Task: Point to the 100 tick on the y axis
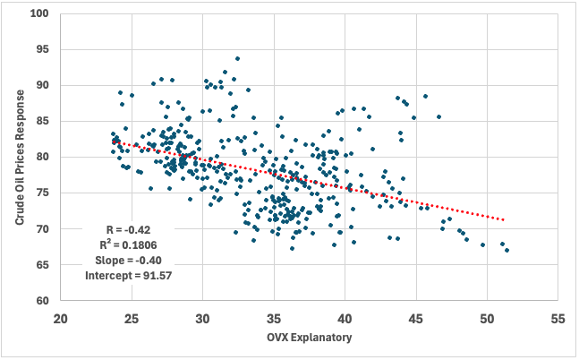(x=41, y=14)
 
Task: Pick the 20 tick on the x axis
(x=61, y=318)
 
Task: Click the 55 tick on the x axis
(x=558, y=318)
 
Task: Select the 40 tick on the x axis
(x=345, y=318)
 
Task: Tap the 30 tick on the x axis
(x=203, y=318)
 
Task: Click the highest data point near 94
(x=237, y=59)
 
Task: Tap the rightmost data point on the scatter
(x=507, y=250)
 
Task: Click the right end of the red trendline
(x=506, y=219)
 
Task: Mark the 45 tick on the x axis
(x=416, y=318)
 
